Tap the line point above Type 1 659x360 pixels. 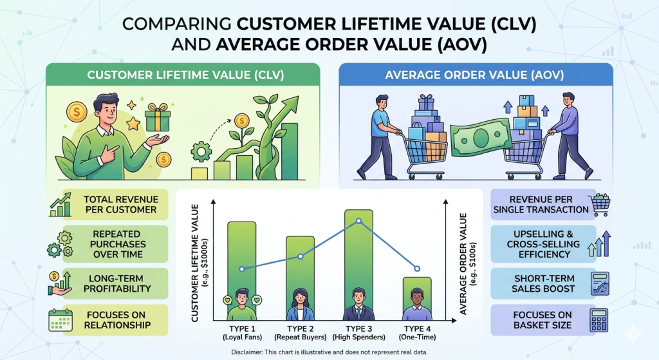[x=242, y=269]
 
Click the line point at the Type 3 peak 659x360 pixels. [x=358, y=221]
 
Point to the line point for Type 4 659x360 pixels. [x=417, y=268]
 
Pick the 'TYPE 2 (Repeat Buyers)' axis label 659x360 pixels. [x=300, y=332]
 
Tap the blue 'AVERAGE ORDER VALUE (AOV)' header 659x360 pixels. [x=475, y=75]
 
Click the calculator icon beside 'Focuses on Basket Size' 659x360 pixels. [x=600, y=320]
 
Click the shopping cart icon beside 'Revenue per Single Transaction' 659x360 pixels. [x=600, y=204]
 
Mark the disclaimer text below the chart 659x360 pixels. [x=329, y=352]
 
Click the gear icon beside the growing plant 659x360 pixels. [x=202, y=152]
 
